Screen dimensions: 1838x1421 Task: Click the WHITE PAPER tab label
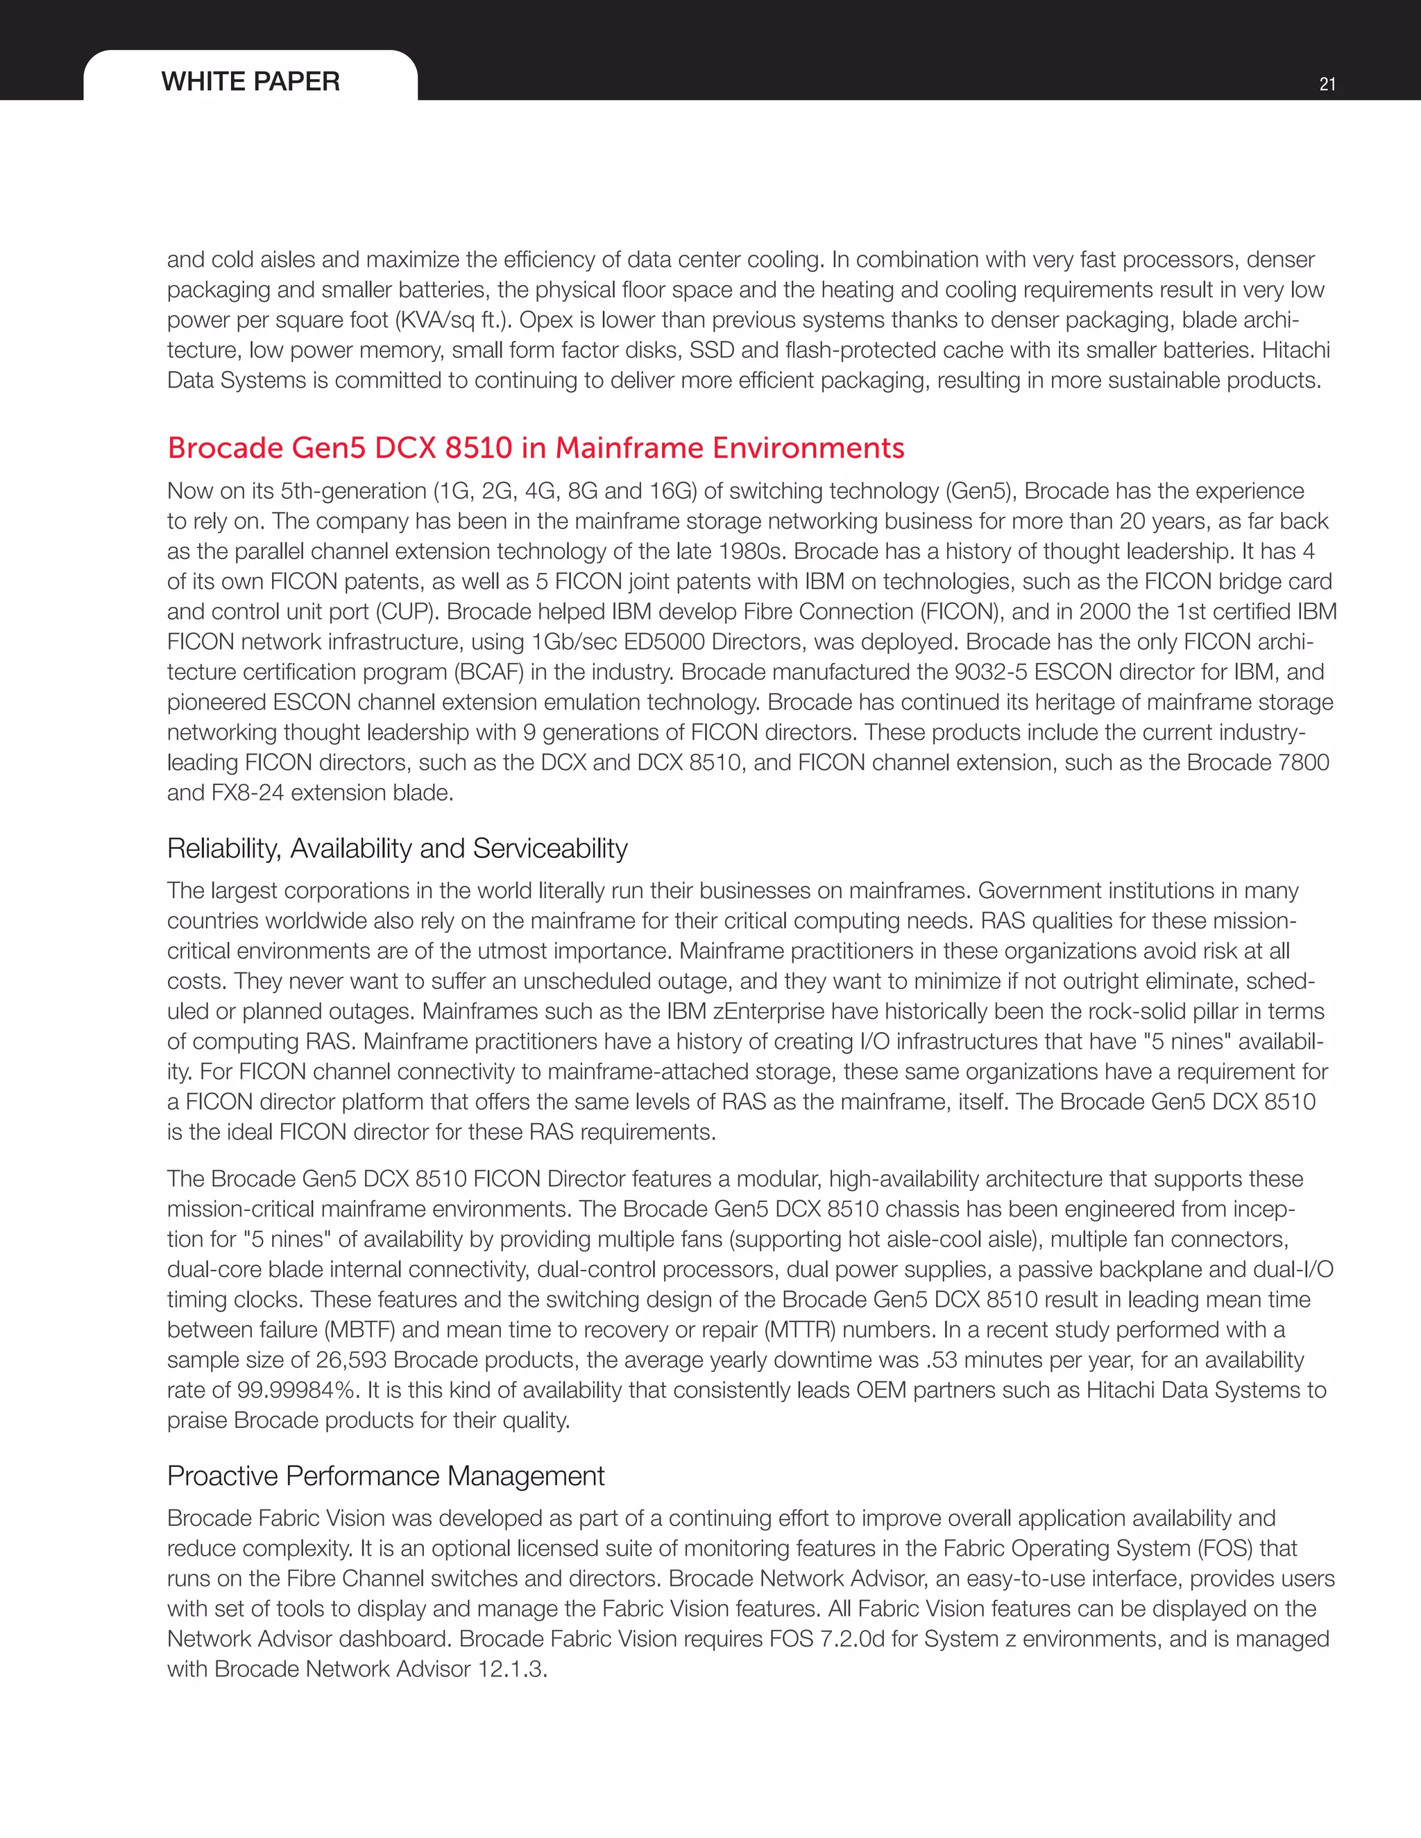click(250, 82)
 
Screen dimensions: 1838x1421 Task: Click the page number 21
click(1327, 84)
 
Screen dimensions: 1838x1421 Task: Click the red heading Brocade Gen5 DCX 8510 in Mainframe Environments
click(536, 448)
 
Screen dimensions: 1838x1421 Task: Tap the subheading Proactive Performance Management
click(386, 1476)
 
